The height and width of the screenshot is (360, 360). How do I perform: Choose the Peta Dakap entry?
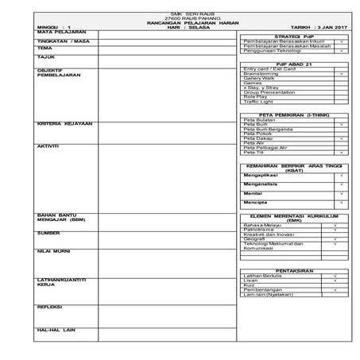258,138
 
